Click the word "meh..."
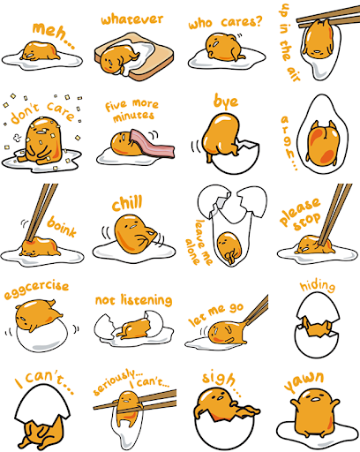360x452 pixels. click(53, 34)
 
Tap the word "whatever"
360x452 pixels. click(132, 19)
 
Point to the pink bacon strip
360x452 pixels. click(153, 144)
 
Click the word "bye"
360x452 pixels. click(226, 102)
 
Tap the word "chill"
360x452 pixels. click(127, 203)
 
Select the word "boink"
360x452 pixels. click(62, 227)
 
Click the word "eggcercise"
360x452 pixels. click(36, 290)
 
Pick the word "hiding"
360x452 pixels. click(318, 286)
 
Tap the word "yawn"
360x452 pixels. click(304, 381)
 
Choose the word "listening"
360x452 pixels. click(146, 300)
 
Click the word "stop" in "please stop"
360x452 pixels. click(307, 222)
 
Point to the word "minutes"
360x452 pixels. click(133, 117)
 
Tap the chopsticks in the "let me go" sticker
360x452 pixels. click(258, 310)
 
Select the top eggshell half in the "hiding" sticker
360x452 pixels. click(318, 307)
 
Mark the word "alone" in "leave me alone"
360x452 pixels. click(192, 251)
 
